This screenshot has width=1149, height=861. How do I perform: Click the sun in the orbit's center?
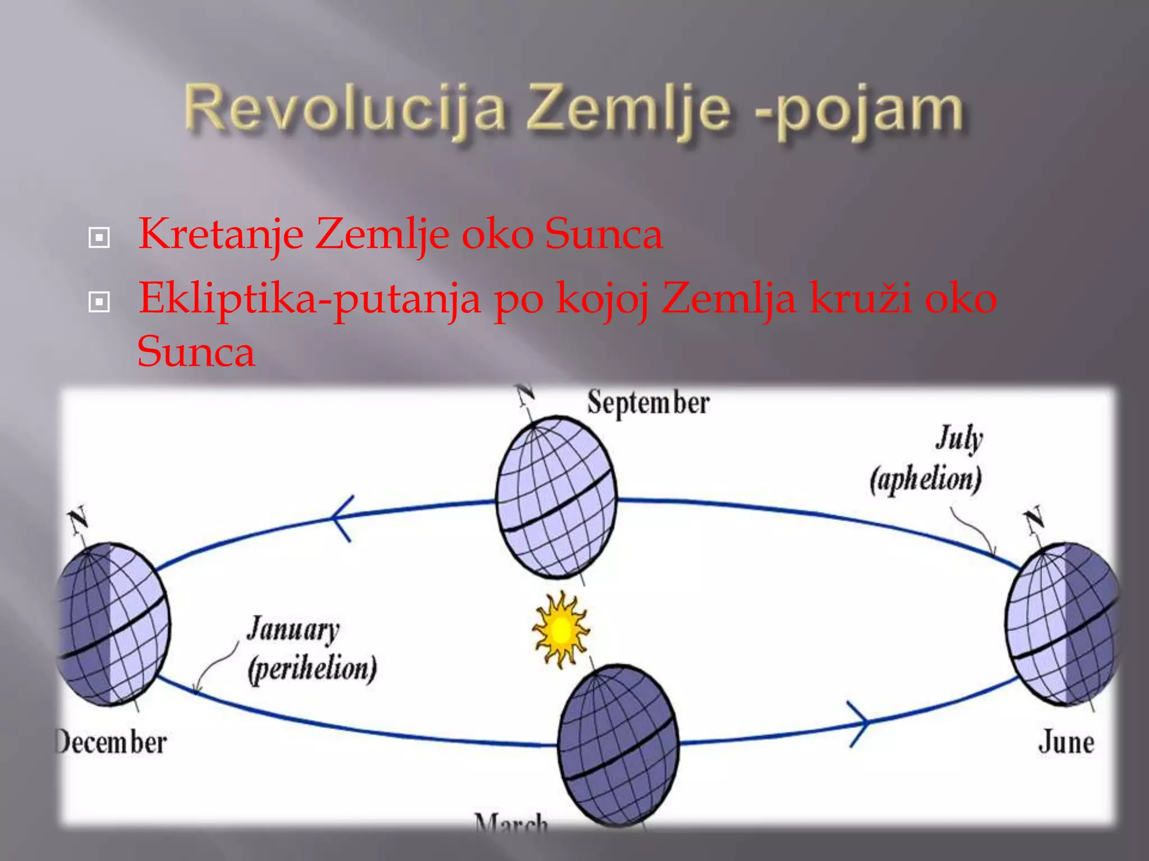point(560,630)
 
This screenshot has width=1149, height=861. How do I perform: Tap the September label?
point(648,403)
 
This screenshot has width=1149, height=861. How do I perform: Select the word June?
point(1065,742)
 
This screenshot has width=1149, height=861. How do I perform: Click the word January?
point(293,629)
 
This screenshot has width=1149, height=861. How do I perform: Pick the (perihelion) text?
point(312,669)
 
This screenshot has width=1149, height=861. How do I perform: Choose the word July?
point(959,438)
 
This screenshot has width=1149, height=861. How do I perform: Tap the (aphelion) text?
point(926,480)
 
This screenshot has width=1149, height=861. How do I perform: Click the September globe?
point(557,498)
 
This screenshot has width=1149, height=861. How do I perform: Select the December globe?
point(112,624)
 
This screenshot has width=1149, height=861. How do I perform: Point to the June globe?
point(1062,624)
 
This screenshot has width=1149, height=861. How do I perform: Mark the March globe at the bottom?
point(618,746)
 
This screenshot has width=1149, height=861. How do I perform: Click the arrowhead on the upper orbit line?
point(341,518)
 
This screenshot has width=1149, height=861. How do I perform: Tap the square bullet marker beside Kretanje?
point(99,238)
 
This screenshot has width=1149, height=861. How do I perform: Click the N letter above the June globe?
point(1033,519)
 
